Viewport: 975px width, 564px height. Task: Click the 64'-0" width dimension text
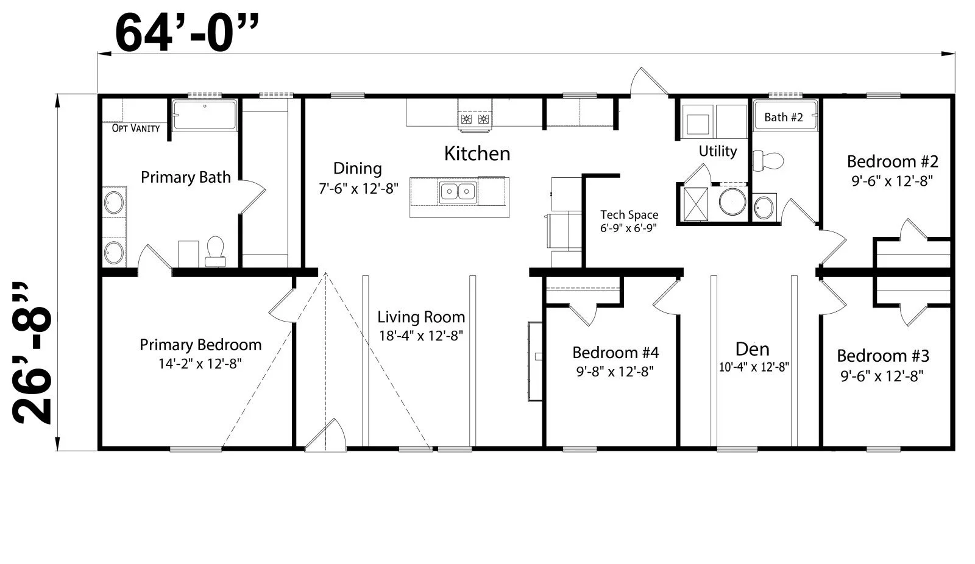coord(186,33)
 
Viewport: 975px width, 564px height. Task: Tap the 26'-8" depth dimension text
coord(32,353)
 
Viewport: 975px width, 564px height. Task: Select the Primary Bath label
coord(185,177)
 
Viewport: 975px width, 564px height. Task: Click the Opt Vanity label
coord(136,128)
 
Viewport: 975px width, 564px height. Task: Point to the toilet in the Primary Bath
coord(215,252)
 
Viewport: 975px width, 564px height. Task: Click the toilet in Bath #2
coord(768,161)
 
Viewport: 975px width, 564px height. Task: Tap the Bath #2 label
coord(784,117)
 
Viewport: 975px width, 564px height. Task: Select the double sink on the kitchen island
coord(458,191)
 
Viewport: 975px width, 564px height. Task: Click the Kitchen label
coord(477,153)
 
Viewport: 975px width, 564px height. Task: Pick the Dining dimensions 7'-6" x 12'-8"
coord(359,188)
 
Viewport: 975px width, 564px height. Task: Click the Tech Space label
coord(629,214)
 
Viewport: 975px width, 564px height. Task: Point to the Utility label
coord(718,151)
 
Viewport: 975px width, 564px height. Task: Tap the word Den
coord(752,349)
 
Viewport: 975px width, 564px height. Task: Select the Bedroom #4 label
coord(615,353)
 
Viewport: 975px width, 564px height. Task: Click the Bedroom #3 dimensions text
coord(882,376)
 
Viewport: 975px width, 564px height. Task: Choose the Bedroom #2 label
coord(892,161)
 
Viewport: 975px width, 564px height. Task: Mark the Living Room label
coord(421,317)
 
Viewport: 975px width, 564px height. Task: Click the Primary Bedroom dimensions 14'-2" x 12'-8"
coord(200,364)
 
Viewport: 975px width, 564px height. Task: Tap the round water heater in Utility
coord(732,202)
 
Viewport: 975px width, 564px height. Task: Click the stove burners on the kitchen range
coord(475,119)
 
